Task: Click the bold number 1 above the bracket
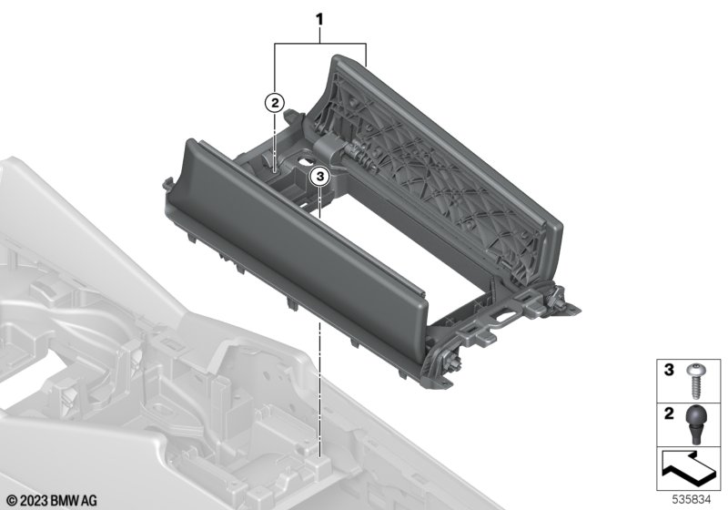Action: pyautogui.click(x=319, y=19)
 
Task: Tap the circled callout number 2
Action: pyautogui.click(x=275, y=103)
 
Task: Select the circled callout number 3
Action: pyautogui.click(x=320, y=177)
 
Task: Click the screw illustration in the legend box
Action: pyautogui.click(x=694, y=382)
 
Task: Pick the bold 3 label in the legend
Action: pyautogui.click(x=669, y=370)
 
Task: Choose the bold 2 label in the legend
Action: pyautogui.click(x=669, y=413)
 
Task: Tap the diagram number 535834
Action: pyautogui.click(x=692, y=499)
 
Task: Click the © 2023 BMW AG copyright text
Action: pyautogui.click(x=53, y=500)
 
